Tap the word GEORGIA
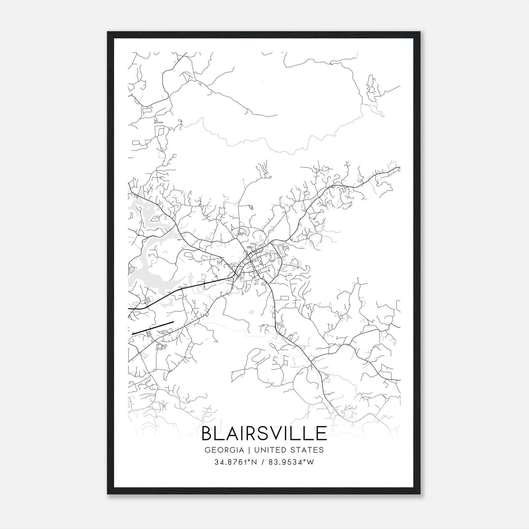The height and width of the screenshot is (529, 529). (224, 450)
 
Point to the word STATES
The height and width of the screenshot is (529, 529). (307, 450)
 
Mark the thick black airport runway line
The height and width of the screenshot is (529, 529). (153, 328)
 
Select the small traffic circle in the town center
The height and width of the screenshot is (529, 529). (251, 261)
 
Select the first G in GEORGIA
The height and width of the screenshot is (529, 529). (207, 450)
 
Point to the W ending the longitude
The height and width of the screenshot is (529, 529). (310, 463)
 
